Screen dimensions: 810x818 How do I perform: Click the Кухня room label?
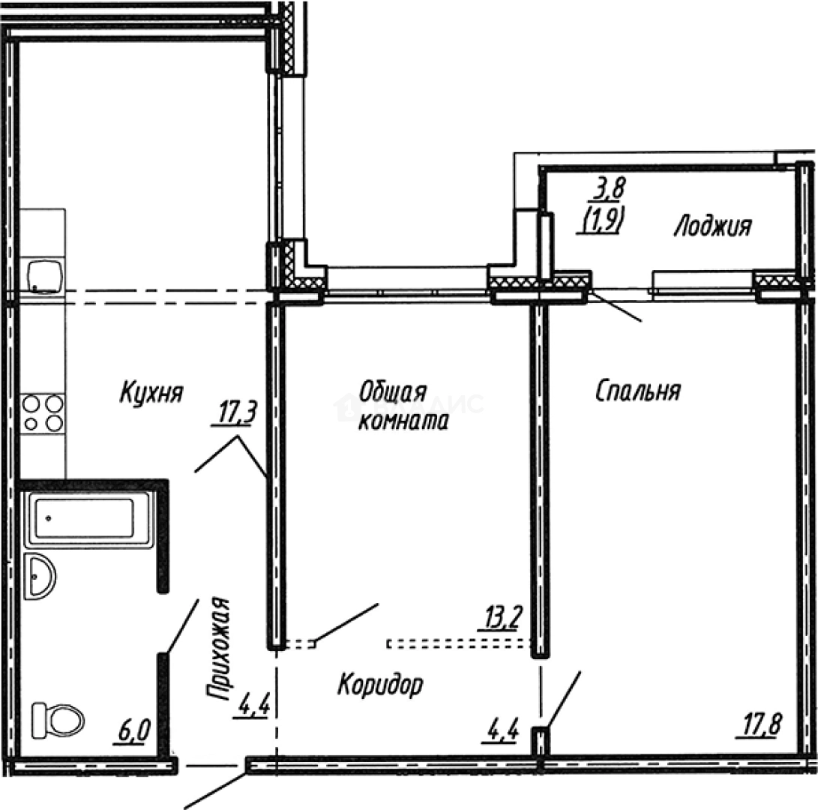(151, 392)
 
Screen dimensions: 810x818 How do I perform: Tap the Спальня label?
(637, 391)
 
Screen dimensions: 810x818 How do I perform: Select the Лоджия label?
(712, 226)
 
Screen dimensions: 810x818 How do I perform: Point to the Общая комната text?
(403, 406)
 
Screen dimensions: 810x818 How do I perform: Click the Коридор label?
(380, 684)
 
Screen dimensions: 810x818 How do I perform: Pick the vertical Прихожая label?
(218, 649)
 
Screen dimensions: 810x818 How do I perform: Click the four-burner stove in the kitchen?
(42, 413)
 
